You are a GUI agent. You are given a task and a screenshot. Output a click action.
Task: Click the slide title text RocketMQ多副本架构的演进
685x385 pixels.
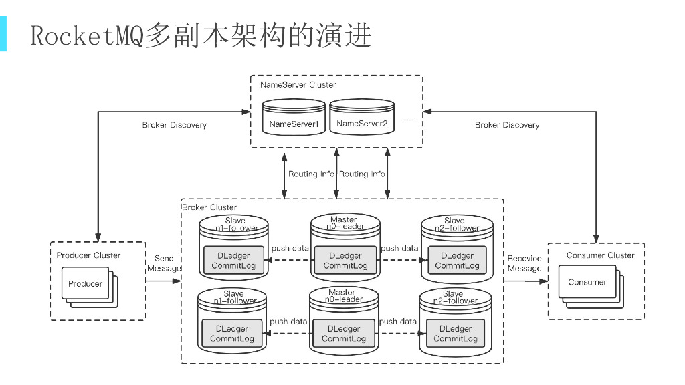201,35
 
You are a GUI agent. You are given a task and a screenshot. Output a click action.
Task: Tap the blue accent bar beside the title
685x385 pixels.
3,35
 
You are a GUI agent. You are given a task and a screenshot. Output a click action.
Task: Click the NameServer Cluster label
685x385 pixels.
298,85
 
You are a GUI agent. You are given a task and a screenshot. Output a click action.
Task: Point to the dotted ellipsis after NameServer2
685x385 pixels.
409,119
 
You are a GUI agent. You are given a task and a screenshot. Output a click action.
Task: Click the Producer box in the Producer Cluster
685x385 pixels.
85,283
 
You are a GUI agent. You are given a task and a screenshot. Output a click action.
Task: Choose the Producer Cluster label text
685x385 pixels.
88,255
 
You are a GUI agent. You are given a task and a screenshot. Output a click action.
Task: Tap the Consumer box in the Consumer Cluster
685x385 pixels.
587,282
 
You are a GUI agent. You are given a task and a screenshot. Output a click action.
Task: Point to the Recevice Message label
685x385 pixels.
524,263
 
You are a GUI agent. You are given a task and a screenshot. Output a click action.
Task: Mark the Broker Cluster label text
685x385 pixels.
209,207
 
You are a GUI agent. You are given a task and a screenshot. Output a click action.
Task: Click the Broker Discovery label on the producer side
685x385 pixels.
175,125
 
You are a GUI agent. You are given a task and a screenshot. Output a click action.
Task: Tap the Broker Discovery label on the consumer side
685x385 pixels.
507,125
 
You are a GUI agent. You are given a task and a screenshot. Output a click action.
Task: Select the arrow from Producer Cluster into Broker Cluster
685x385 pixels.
163,281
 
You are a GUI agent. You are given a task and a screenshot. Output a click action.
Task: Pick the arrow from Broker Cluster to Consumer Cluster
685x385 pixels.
526,281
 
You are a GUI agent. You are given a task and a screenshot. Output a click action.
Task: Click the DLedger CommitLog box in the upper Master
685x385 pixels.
345,261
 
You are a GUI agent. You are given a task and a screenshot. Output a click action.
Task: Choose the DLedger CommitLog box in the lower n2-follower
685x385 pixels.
456,334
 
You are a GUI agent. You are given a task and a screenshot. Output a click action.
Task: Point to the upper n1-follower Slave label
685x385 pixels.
235,224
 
